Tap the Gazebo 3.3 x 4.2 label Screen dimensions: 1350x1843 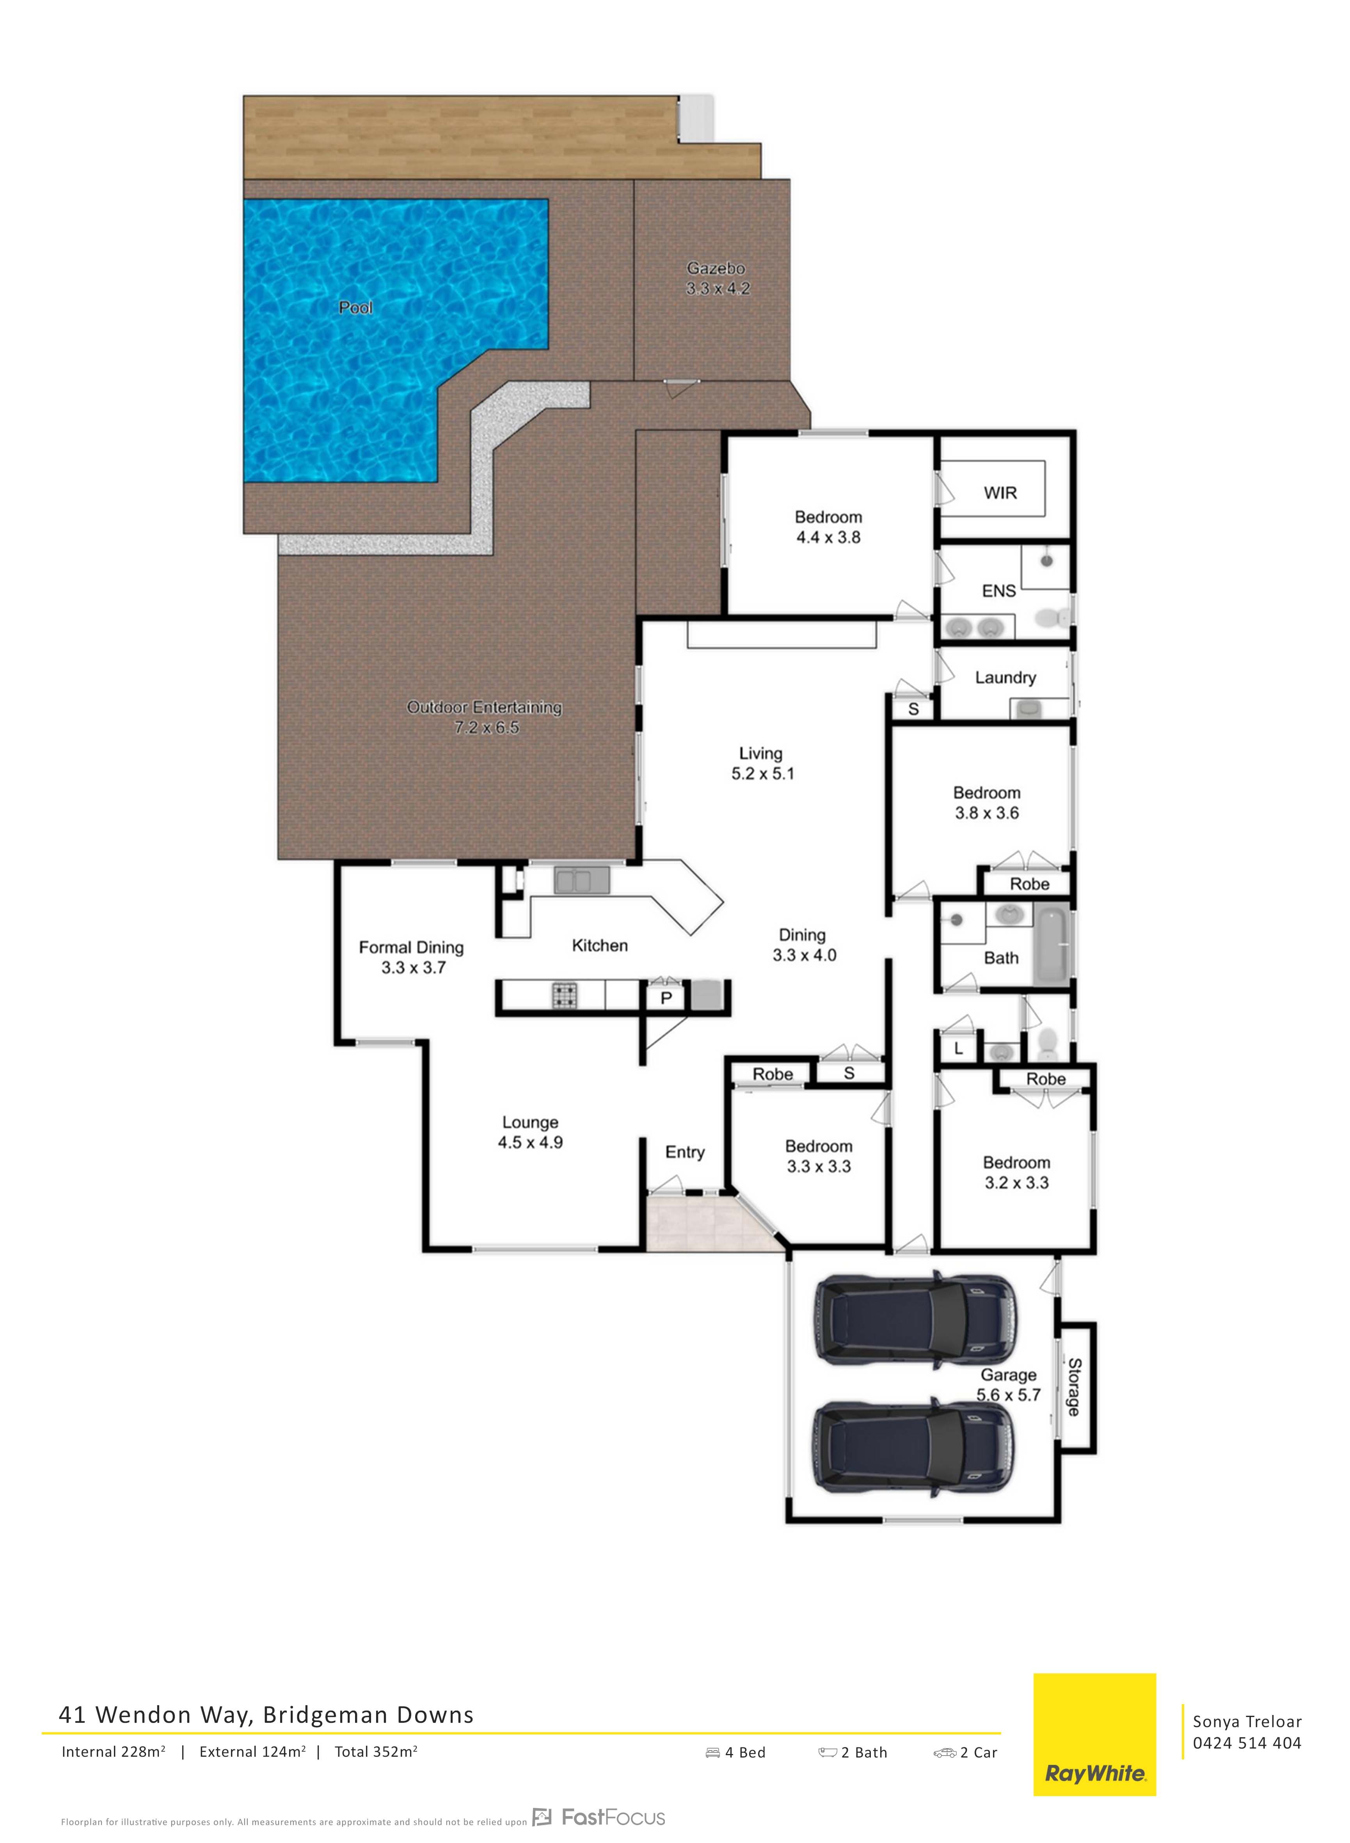[717, 278]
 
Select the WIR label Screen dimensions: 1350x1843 [1000, 493]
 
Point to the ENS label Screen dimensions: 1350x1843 [998, 591]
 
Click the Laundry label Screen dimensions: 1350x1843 [1005, 678]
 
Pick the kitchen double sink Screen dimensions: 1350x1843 [582, 880]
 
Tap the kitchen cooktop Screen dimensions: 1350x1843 [564, 996]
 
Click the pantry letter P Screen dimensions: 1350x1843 [666, 998]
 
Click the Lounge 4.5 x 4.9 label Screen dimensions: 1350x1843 [530, 1133]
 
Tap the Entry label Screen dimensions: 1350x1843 [685, 1153]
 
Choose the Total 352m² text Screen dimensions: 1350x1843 [376, 1751]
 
